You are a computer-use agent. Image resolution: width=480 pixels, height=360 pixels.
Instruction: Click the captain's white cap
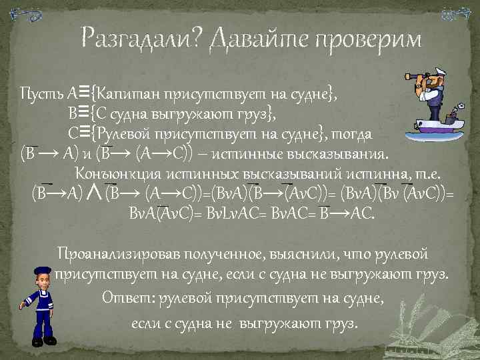(x=443, y=73)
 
